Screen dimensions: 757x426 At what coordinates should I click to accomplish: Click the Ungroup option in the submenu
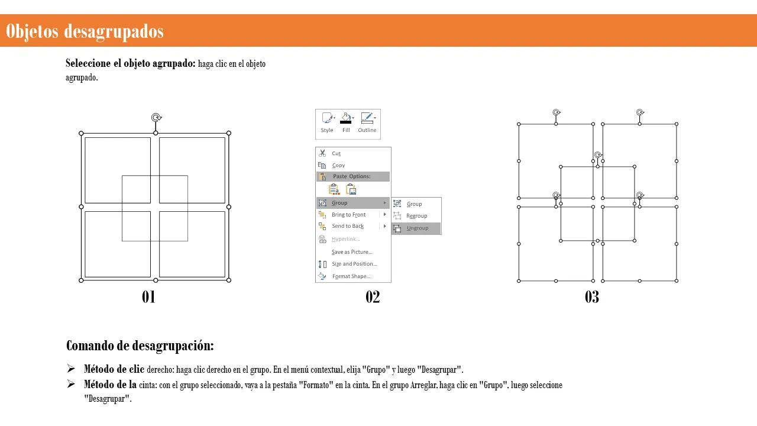pyautogui.click(x=417, y=228)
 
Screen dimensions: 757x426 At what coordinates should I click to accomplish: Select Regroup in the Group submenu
pyautogui.click(x=417, y=216)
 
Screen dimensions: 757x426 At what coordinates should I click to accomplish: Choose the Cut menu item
pyautogui.click(x=336, y=153)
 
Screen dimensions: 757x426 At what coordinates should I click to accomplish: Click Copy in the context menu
pyautogui.click(x=338, y=165)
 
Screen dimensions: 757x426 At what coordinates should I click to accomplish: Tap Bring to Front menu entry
pyautogui.click(x=348, y=215)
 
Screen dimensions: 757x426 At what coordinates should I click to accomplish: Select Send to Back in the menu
pyautogui.click(x=348, y=226)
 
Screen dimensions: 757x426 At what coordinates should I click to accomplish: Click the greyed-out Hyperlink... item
pyautogui.click(x=346, y=239)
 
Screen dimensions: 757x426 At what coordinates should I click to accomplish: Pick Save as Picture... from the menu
pyautogui.click(x=352, y=252)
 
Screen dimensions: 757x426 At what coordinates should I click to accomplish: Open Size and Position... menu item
pyautogui.click(x=354, y=264)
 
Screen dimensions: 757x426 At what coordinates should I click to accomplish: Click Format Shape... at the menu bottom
pyautogui.click(x=351, y=276)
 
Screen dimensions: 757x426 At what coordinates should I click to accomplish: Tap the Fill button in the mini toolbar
pyautogui.click(x=346, y=122)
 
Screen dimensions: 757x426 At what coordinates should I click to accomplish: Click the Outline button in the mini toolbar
pyautogui.click(x=367, y=122)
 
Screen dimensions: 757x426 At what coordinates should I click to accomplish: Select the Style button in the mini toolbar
pyautogui.click(x=327, y=122)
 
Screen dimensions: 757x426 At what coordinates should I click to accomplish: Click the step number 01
pyautogui.click(x=148, y=297)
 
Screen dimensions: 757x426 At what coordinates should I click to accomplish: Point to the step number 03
pyautogui.click(x=592, y=297)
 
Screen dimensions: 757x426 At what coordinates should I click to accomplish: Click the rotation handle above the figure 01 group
pyautogui.click(x=156, y=118)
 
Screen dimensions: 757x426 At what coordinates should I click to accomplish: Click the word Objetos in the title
pyautogui.click(x=32, y=31)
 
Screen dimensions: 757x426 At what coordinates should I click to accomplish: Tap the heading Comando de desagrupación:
pyautogui.click(x=140, y=346)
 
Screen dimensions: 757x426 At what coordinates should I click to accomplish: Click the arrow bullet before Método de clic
pyautogui.click(x=71, y=369)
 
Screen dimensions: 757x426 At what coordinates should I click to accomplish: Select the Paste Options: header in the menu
pyautogui.click(x=352, y=176)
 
